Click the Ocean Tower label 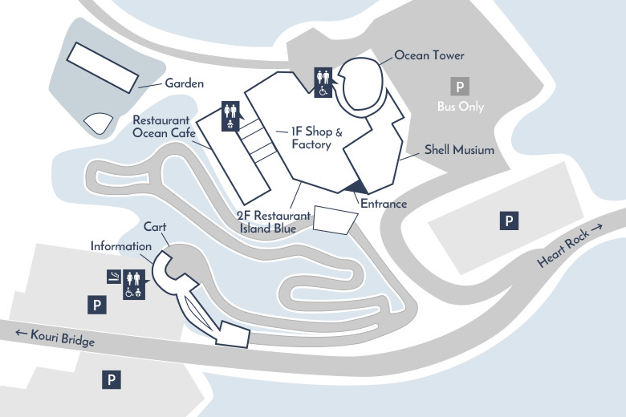[x=429, y=55]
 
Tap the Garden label [x=185, y=83]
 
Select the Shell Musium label [x=459, y=150]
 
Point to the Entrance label [x=384, y=204]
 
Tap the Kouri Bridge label [x=54, y=337]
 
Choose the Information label [x=120, y=246]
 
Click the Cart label [x=155, y=226]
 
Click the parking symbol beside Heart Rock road [x=509, y=220]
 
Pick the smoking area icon [x=114, y=277]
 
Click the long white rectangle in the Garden [x=101, y=66]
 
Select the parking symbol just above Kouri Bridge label [x=96, y=304]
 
